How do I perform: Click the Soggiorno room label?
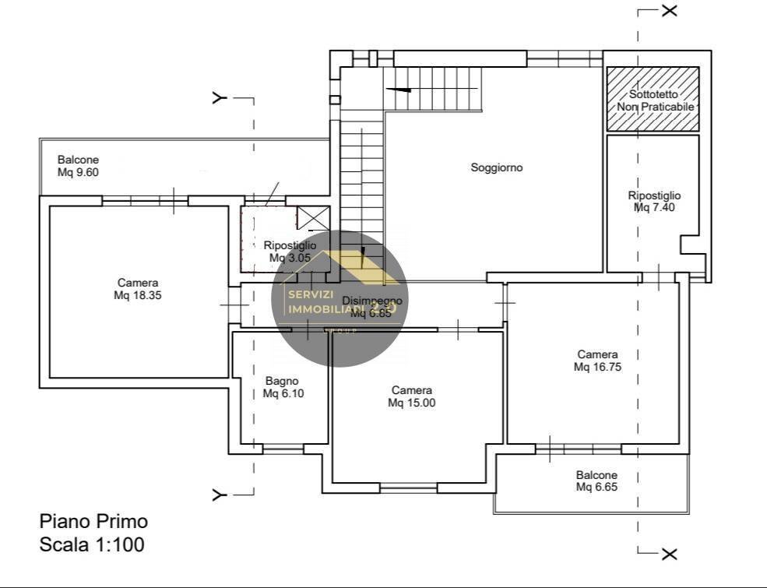point(497,167)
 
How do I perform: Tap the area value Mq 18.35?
point(138,296)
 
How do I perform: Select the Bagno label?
point(282,381)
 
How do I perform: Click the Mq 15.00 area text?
point(412,403)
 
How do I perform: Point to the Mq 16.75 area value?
point(597,367)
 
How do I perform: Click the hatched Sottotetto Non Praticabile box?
point(653,99)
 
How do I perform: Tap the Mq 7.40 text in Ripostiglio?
point(654,208)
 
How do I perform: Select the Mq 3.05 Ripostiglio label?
point(290,258)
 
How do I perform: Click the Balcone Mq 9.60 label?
point(79,166)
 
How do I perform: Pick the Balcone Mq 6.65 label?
point(596,481)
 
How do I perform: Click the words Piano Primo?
point(93,521)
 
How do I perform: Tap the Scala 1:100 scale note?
point(92,544)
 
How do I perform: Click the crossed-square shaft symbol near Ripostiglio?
point(315,218)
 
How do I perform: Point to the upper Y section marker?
point(220,98)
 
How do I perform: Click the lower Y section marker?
point(220,495)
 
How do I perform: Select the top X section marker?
point(669,10)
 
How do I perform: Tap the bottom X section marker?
point(669,555)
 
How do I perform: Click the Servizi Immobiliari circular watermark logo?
point(340,298)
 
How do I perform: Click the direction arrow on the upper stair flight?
point(398,90)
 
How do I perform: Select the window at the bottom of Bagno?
point(283,449)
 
